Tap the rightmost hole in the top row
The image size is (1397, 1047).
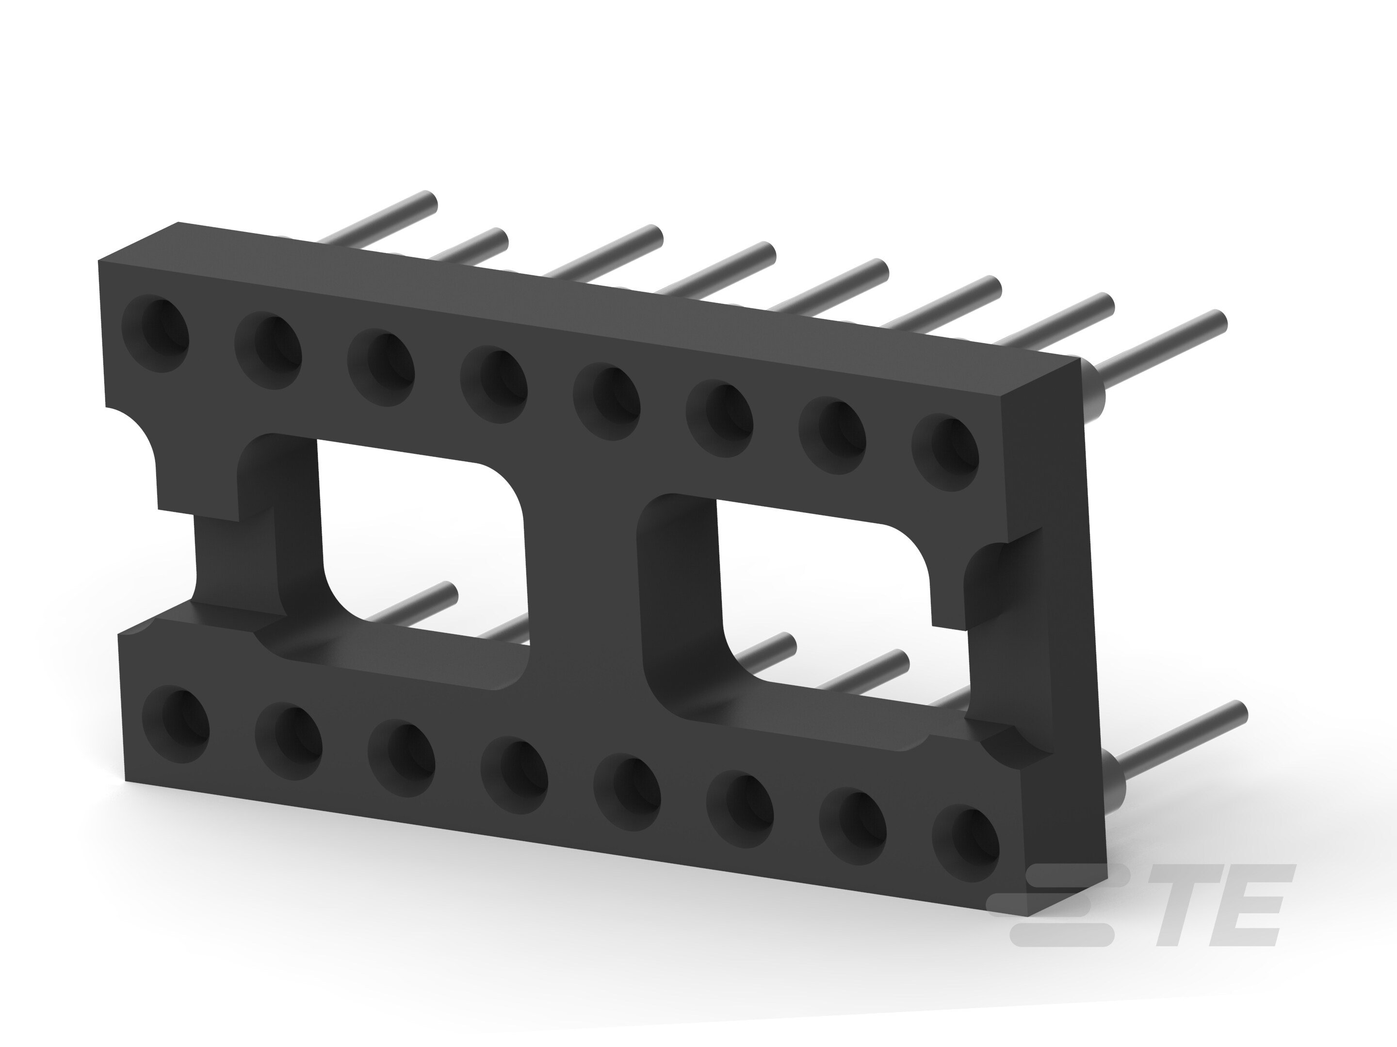click(x=945, y=452)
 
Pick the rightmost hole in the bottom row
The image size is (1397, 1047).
click(x=966, y=842)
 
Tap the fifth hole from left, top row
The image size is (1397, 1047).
click(x=607, y=401)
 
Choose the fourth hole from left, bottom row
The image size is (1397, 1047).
click(x=515, y=775)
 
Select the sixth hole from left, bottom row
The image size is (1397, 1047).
click(x=740, y=809)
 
